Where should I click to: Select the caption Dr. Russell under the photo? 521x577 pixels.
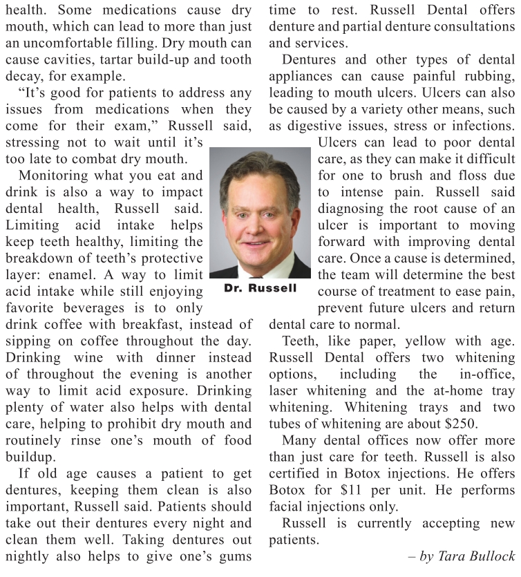coord(260,287)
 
